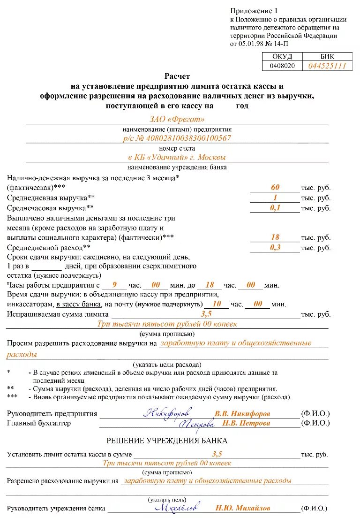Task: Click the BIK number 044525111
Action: point(327,66)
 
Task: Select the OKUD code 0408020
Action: point(282,66)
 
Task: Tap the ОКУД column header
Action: point(282,57)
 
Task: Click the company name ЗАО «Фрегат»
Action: point(177,120)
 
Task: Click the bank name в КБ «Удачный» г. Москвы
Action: point(177,157)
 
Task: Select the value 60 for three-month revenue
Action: point(275,188)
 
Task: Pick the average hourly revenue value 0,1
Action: point(275,207)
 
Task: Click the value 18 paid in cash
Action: point(275,238)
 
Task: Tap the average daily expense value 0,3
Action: point(275,247)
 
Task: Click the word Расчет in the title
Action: point(177,76)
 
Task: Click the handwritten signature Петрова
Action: point(197,424)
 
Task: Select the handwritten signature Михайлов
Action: point(177,507)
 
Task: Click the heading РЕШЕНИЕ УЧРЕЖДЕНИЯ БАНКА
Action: point(167,441)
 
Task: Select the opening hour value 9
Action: point(113,285)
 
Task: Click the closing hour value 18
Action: point(210,285)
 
